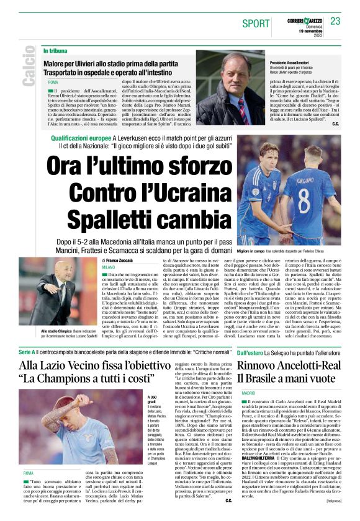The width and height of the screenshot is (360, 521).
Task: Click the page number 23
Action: [x=336, y=21]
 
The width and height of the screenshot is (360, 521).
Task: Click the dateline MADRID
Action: [x=231, y=394]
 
